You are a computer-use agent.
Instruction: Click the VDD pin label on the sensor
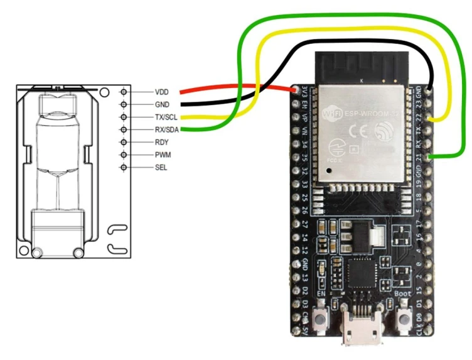coord(163,92)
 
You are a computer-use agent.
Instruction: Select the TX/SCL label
coord(167,117)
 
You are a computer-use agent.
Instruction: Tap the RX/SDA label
coord(167,129)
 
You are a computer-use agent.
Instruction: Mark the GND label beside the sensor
coord(163,104)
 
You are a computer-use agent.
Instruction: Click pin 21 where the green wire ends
coord(429,155)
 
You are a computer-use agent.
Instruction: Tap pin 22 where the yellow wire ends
coord(429,117)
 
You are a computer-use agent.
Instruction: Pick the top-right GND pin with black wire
coord(429,92)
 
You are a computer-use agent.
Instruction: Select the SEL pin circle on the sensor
coord(124,167)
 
